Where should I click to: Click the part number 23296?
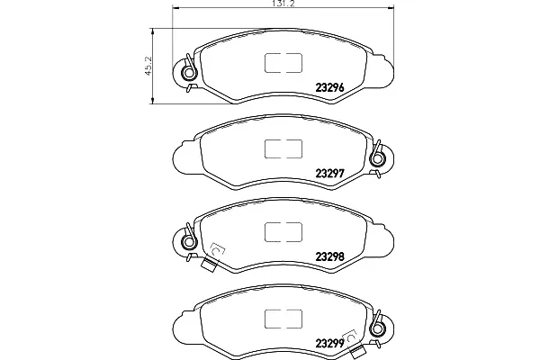click(x=330, y=88)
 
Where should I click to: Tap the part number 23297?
click(x=330, y=174)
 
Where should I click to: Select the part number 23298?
click(x=330, y=256)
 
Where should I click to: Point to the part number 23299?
click(x=330, y=343)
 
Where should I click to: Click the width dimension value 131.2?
click(x=283, y=4)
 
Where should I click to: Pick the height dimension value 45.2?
click(x=148, y=66)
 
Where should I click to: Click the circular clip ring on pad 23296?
click(x=188, y=73)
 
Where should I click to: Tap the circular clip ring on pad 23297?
click(x=378, y=158)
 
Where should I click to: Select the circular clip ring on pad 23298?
click(x=188, y=241)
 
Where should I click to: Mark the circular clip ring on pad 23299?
click(x=378, y=328)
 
